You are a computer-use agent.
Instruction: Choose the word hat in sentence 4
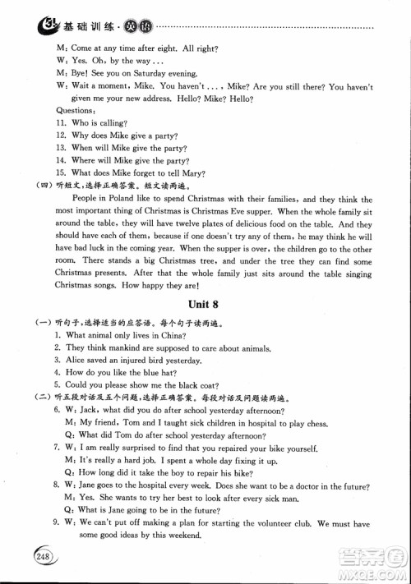pyautogui.click(x=186, y=372)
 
